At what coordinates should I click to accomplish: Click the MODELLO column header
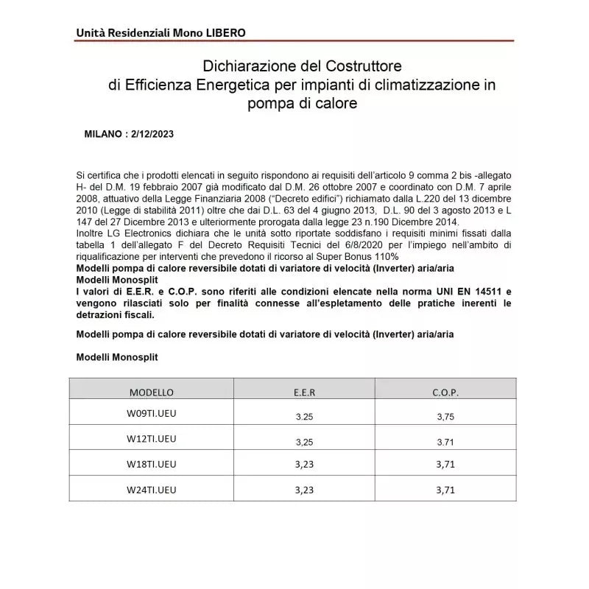[x=152, y=392]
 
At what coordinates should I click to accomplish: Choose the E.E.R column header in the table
[x=304, y=392]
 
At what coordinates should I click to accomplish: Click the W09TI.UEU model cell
[x=152, y=413]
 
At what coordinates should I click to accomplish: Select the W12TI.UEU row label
[x=152, y=439]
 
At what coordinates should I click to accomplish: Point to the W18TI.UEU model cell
[x=152, y=464]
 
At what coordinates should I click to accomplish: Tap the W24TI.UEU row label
[x=152, y=488]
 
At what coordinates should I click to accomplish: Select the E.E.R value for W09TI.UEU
[x=304, y=416]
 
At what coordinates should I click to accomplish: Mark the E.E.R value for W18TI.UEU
[x=304, y=465]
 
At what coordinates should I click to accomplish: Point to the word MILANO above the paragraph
[x=104, y=135]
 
